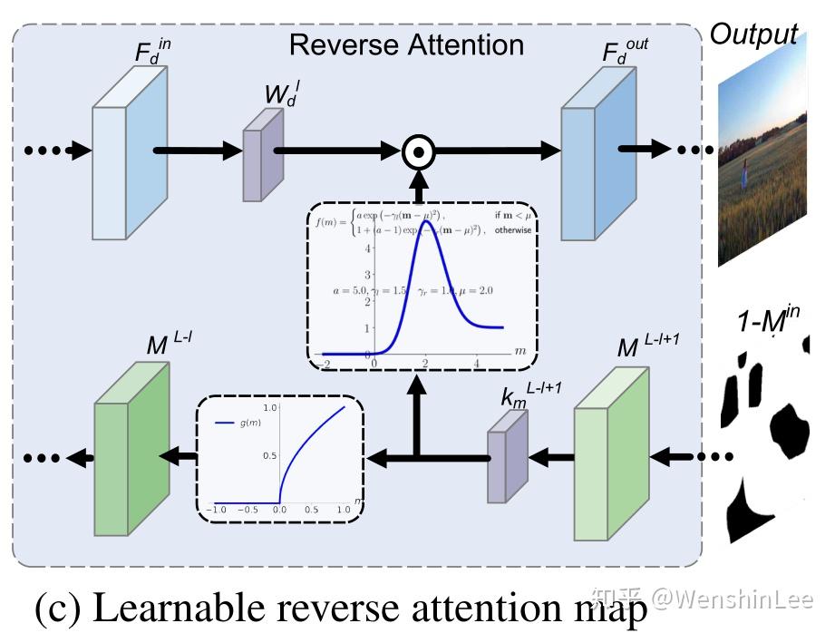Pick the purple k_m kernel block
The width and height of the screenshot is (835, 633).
click(506, 453)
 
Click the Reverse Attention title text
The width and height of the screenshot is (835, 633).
click(405, 45)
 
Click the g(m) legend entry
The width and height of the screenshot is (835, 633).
click(239, 423)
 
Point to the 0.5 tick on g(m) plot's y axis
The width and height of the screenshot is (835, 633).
click(269, 455)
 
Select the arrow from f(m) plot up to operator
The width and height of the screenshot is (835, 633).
click(417, 186)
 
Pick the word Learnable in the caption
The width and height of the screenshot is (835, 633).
click(180, 609)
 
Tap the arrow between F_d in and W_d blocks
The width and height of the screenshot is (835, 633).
click(195, 151)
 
